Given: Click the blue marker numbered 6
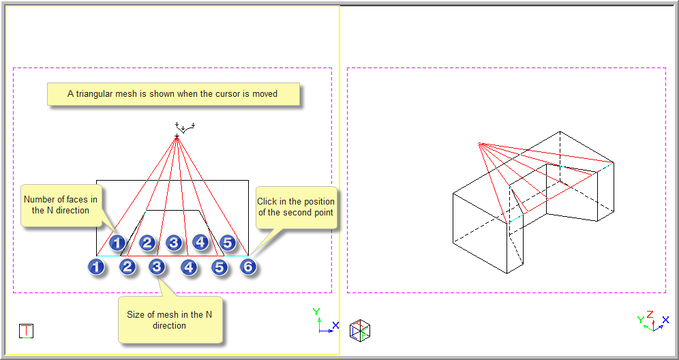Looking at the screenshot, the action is coord(248,267).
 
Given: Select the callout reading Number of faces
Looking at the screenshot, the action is coord(61,205).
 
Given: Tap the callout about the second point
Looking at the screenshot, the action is coord(296,207).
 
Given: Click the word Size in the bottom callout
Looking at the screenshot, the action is coord(135,314).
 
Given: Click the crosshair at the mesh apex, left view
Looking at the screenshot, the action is coord(177,136).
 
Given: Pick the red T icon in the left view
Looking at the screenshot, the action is coord(27,331).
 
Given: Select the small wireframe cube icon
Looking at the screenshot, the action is coord(359,330).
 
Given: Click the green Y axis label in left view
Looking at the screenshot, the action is coord(316,312).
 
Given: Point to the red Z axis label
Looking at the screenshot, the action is coord(650,314).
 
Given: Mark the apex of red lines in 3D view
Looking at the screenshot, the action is coord(479,143).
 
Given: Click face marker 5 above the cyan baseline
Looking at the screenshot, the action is coord(227,243).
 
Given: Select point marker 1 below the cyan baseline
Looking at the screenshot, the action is coord(96,267).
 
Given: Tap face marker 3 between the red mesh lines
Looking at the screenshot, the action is coord(174,243).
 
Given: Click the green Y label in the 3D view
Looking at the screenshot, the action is coord(640,320).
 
